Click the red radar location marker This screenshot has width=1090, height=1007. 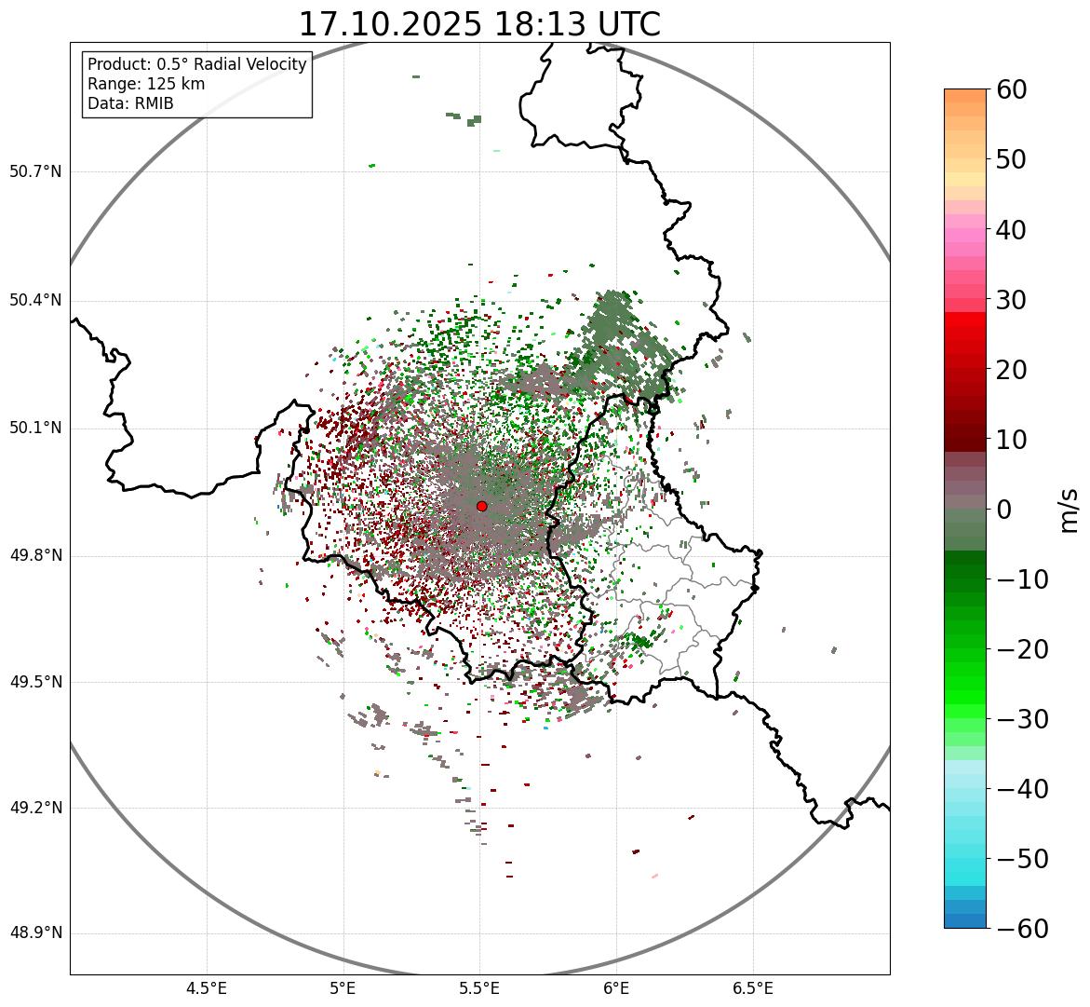[481, 506]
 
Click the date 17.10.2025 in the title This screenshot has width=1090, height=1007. [389, 24]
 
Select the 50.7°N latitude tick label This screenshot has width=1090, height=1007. [35, 171]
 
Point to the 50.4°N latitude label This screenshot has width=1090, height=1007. [35, 300]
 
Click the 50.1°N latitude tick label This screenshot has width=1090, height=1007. [35, 429]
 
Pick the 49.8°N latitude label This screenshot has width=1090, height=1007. [35, 556]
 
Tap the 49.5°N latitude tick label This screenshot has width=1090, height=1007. [35, 683]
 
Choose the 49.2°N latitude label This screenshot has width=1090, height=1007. [35, 808]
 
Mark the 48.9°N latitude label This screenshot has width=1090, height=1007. [35, 933]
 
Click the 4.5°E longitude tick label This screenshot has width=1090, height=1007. [207, 988]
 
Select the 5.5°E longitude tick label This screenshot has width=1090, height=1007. [479, 988]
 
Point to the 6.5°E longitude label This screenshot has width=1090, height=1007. [752, 988]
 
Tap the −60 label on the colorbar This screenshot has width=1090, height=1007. [1021, 929]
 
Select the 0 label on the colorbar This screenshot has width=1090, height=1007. [1004, 510]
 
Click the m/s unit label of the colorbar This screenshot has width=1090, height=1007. [1070, 510]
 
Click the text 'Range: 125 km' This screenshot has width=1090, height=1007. [146, 84]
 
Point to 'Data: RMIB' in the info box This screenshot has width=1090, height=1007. [130, 103]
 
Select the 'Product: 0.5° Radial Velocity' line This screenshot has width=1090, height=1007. [196, 64]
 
